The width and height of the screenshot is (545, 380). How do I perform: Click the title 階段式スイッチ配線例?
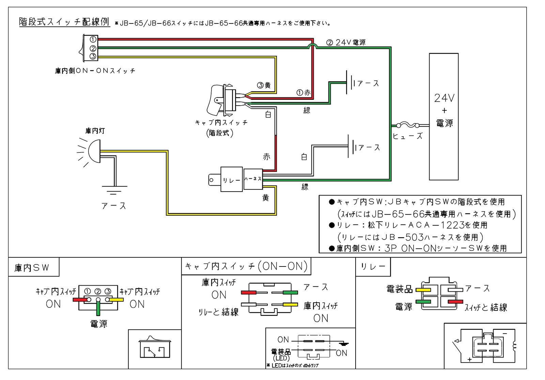[x=64, y=22]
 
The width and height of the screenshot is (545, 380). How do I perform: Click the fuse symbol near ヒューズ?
[x=408, y=125]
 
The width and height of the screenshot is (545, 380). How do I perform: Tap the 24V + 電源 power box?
[x=443, y=117]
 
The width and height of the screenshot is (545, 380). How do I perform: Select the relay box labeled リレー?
[x=231, y=180]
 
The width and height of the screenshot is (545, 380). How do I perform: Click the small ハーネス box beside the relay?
[x=253, y=179]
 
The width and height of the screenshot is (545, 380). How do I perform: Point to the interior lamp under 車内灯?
[x=94, y=151]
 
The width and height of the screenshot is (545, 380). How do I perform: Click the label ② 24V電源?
[x=346, y=43]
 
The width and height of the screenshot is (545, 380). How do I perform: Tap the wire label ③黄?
[x=264, y=85]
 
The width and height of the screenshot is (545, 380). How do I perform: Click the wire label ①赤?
[x=303, y=93]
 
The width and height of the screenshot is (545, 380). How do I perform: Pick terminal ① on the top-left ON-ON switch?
[x=93, y=40]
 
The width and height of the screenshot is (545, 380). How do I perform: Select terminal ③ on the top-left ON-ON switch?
[x=93, y=56]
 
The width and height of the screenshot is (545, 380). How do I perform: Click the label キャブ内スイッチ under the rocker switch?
[x=221, y=123]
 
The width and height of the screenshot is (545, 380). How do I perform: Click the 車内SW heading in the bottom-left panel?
[x=32, y=268]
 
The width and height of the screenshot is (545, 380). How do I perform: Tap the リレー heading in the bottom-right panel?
[x=373, y=267]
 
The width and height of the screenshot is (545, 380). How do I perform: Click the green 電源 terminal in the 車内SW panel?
[x=98, y=308]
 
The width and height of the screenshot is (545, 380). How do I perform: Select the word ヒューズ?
[x=407, y=136]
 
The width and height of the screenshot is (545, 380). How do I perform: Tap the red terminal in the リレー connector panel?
[x=455, y=302]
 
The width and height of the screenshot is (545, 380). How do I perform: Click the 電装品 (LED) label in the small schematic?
[x=281, y=354]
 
